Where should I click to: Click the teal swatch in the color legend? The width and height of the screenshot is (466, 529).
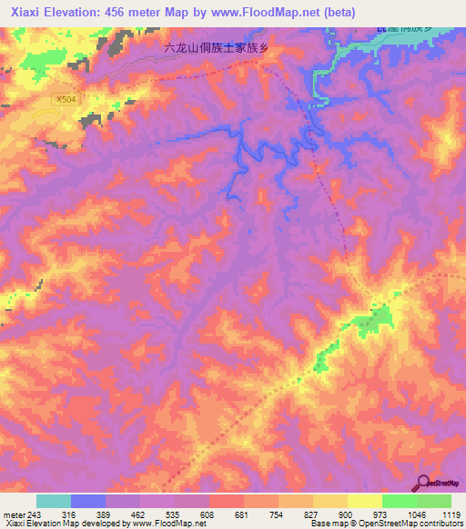pos(54,501)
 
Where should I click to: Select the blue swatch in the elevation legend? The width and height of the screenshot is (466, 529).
pos(88,501)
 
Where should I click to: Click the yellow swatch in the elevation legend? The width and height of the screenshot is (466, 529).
pos(365,501)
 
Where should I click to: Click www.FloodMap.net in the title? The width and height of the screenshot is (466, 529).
pos(269,12)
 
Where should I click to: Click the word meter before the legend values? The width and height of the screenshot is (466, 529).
pos(15,514)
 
